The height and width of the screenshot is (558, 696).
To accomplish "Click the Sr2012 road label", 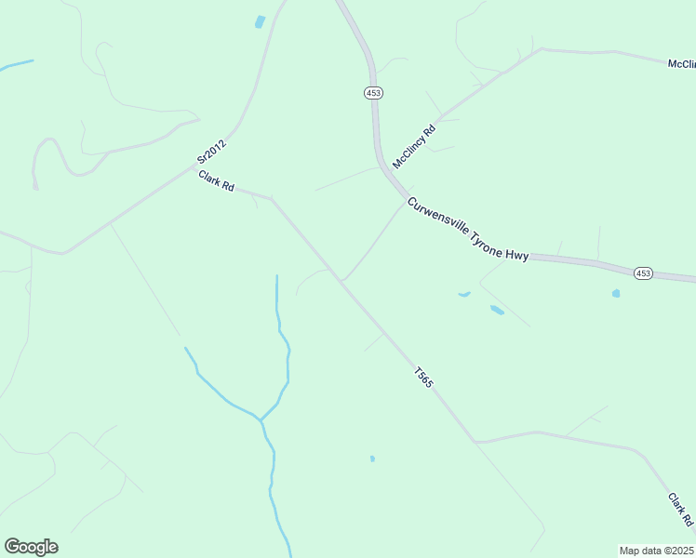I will pos(211,153).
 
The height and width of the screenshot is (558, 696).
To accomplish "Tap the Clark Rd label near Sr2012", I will pos(215,179).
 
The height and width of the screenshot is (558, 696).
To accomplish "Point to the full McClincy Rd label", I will pos(414,147).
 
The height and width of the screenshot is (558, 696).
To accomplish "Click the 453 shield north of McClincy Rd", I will pos(373,93).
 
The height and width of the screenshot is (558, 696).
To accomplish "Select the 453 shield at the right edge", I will pos(644,272).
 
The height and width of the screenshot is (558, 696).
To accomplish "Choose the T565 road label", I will pos(423,378).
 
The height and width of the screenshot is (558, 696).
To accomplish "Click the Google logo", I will pos(31,547).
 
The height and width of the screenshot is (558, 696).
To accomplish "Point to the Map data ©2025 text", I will pos(656,550).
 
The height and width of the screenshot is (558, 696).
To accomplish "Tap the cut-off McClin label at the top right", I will pos(681,64).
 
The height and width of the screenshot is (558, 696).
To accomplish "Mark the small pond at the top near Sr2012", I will pos(260,21).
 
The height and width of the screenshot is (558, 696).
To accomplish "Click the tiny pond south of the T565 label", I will pos(372,458).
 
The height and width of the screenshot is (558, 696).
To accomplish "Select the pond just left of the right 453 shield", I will pos(616,293).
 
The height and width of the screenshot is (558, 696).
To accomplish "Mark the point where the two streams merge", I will pos(261,420).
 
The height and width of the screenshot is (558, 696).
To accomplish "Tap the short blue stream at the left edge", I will pos(16,65).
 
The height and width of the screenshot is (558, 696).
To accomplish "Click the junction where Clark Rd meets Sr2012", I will pos(194,168).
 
